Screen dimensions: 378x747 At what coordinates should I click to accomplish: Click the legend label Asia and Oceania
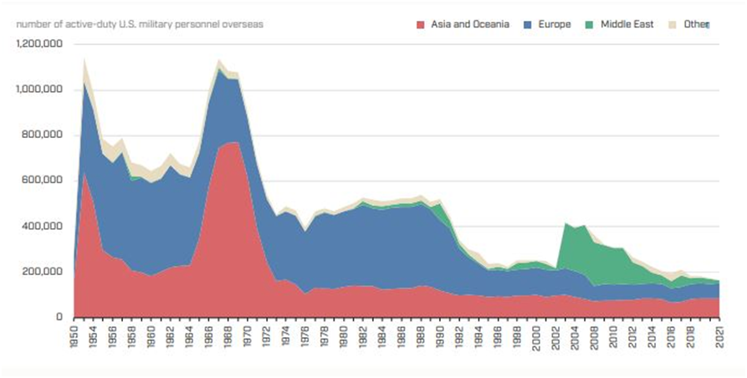click(x=470, y=24)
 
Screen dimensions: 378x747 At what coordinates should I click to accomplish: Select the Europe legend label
click(x=555, y=24)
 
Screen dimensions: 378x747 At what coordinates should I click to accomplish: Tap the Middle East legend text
click(x=625, y=24)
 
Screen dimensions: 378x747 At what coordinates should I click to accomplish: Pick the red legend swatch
click(x=422, y=24)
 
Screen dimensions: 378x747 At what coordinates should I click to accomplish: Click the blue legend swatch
click(x=529, y=24)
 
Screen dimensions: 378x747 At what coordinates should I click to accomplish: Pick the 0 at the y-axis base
click(x=59, y=318)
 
